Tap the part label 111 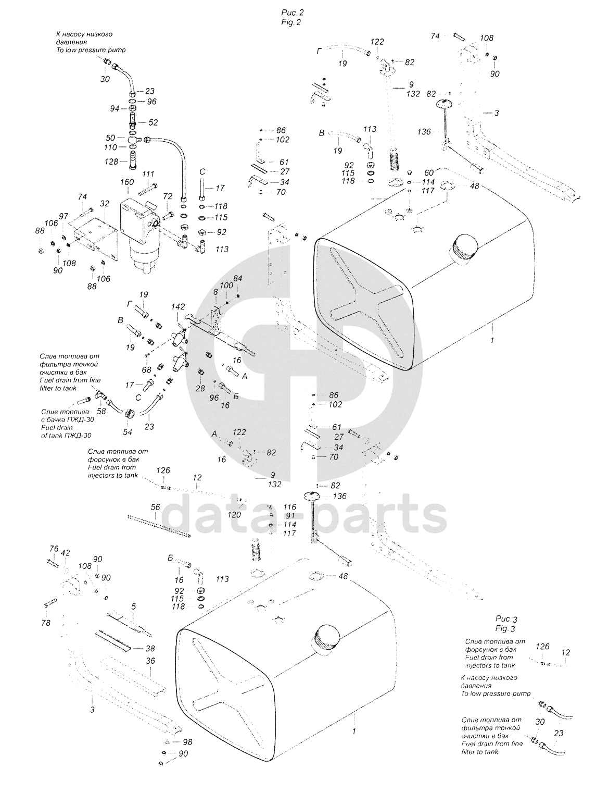(x=148, y=174)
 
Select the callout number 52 (x=153, y=123)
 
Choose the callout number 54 (x=128, y=432)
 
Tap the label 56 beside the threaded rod (x=155, y=507)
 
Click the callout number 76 (x=54, y=549)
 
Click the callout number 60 (x=429, y=172)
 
